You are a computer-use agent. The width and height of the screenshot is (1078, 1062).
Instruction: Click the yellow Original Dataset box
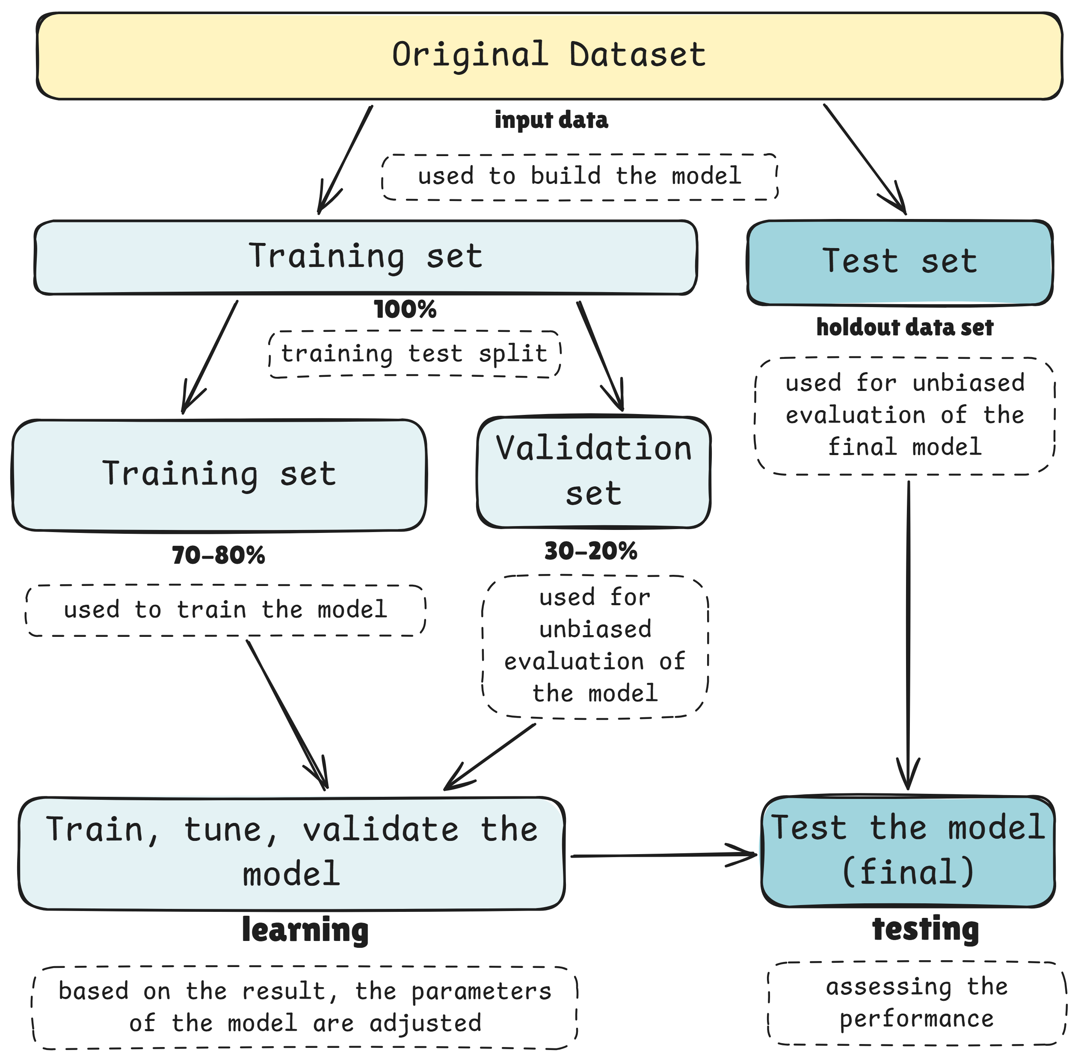tap(549, 56)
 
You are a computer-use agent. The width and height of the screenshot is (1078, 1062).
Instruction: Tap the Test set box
tap(900, 262)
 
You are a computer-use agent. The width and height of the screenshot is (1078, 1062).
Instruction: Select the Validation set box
tap(594, 472)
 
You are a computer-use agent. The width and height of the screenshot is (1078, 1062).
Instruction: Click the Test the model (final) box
tap(908, 851)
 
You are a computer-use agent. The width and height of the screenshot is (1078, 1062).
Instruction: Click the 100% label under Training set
tap(405, 310)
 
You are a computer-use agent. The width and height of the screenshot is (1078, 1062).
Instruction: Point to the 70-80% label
tap(218, 556)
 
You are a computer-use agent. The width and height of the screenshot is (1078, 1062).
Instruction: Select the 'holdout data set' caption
tap(904, 328)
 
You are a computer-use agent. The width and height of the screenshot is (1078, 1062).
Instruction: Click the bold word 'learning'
tap(305, 930)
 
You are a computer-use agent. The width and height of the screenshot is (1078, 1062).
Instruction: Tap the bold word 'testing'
tap(926, 929)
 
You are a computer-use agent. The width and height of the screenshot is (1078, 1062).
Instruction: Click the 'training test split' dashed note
tap(414, 354)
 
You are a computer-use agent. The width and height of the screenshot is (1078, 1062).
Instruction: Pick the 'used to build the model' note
tap(579, 177)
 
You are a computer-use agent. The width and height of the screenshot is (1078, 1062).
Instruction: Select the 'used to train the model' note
tap(225, 610)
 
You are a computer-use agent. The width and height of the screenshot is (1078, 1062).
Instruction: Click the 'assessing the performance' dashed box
tap(917, 1003)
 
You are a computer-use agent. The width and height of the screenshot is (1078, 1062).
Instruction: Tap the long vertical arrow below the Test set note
tap(908, 630)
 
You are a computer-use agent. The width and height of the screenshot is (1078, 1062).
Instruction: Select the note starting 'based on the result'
tap(305, 1007)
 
